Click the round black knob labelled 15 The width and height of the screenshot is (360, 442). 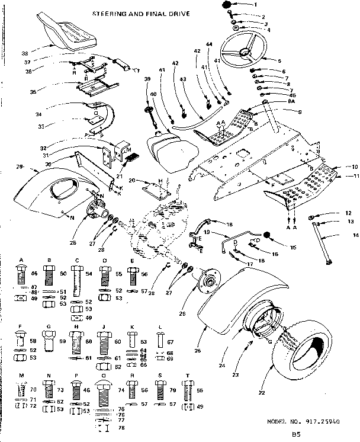coord(267,235)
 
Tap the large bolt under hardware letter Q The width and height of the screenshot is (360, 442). coord(104,394)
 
